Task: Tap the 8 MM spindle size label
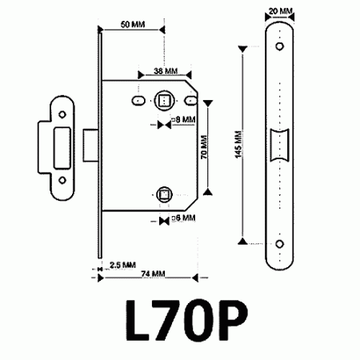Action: click(x=186, y=119)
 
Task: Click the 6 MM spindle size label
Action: click(x=186, y=217)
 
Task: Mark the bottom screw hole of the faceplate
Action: click(x=280, y=243)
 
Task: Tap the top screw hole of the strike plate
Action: click(x=61, y=110)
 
